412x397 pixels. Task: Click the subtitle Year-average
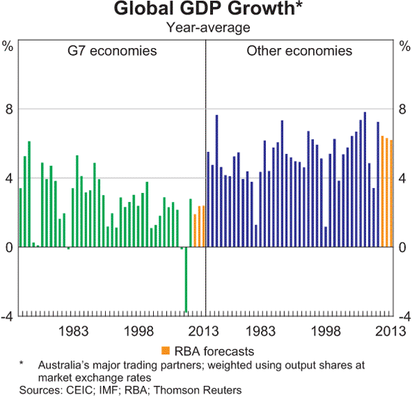[206, 28]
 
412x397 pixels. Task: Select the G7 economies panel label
[112, 52]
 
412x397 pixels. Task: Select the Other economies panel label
[299, 52]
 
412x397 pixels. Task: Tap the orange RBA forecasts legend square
[165, 350]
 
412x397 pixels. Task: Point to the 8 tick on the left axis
[8, 109]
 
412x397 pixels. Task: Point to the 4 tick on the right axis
[404, 179]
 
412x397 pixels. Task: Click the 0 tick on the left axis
[8, 247]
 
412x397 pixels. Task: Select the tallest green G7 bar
[30, 194]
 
